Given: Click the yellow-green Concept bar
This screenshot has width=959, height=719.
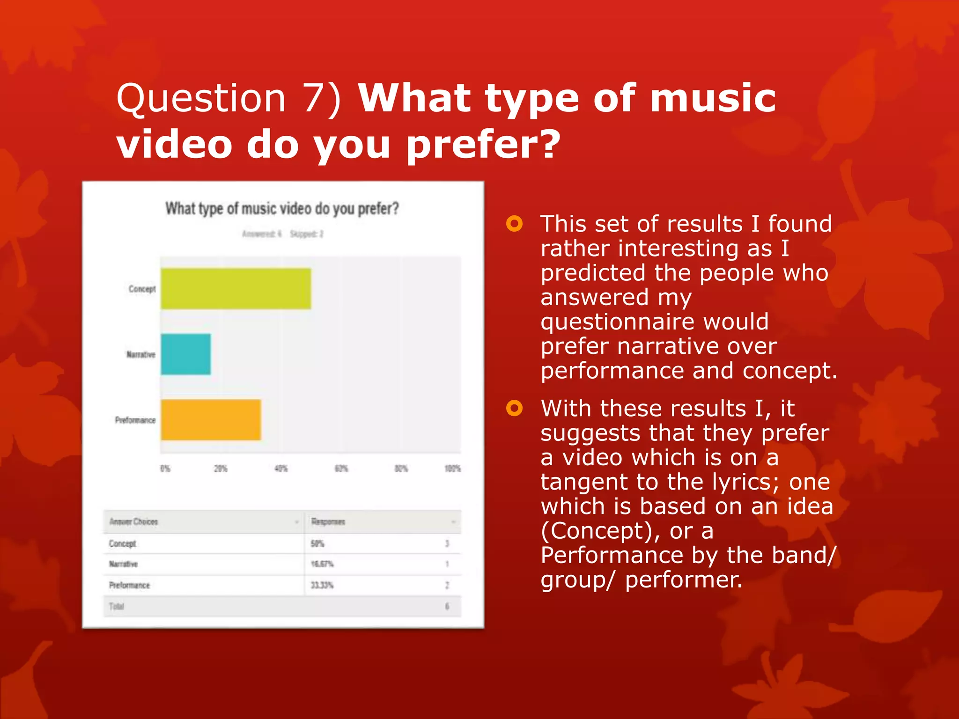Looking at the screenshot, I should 236,289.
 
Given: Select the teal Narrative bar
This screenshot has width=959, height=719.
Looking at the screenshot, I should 185,354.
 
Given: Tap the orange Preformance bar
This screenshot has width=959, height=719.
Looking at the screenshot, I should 211,420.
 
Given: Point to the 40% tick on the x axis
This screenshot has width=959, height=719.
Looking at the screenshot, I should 281,469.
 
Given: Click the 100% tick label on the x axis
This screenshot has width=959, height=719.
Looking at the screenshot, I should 452,469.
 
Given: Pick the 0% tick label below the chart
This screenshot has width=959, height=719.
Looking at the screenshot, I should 165,469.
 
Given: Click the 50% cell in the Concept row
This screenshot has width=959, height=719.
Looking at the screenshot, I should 317,543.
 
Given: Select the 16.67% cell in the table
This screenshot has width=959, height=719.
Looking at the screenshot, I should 322,564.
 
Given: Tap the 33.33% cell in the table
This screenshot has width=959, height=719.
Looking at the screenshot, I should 322,585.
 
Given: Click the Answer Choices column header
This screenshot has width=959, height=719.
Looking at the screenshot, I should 134,521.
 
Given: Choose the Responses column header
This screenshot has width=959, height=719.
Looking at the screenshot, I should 328,521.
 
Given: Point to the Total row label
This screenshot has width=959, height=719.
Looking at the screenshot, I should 117,607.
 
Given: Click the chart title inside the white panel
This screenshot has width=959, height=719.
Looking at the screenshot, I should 282,208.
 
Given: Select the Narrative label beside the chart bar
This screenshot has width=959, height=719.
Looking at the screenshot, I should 140,354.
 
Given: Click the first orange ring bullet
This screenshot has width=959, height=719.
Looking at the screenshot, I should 514,224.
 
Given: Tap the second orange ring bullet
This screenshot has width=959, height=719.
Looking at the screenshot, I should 514,408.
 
